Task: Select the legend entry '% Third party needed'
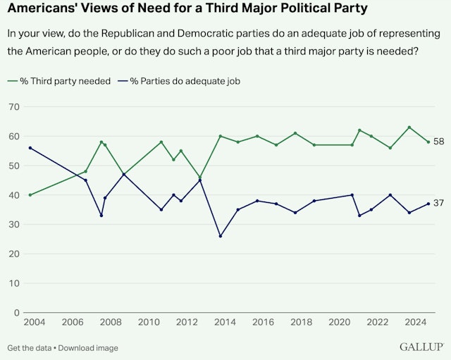coord(63,81)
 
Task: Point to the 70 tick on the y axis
coord(13,106)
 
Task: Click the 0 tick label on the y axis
coord(16,312)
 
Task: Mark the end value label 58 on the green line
coord(439,142)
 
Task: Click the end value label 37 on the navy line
coord(439,204)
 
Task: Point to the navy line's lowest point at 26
coord(221,236)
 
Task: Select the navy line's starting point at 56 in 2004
coord(30,148)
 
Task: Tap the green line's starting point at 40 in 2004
coord(30,194)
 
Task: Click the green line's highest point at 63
coord(409,128)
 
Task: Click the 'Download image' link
coord(89,348)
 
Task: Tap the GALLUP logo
coord(421,347)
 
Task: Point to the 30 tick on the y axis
coord(13,224)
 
